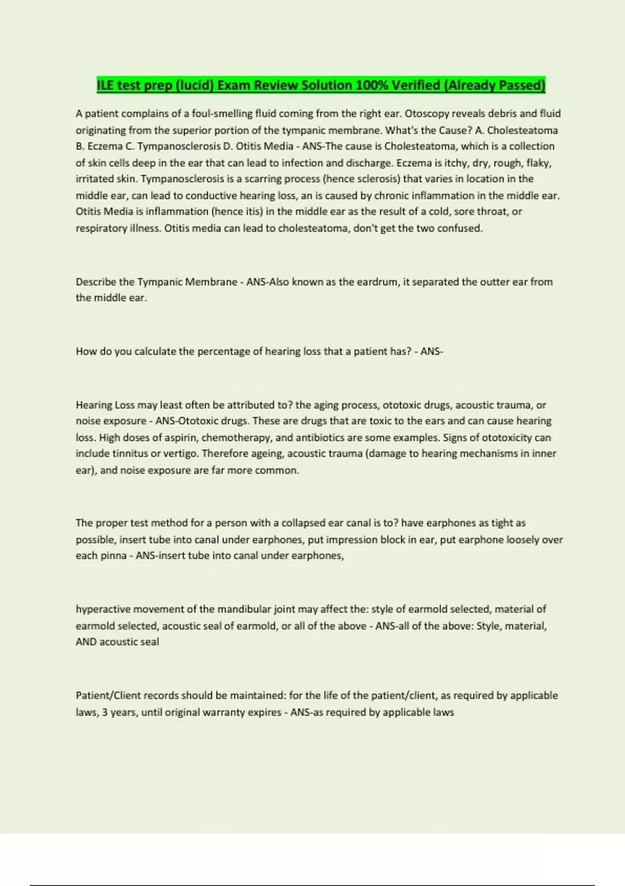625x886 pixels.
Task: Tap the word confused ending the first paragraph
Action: (x=460, y=228)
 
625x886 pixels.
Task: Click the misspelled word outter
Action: (x=494, y=282)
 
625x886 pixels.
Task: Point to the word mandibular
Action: (x=244, y=609)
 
